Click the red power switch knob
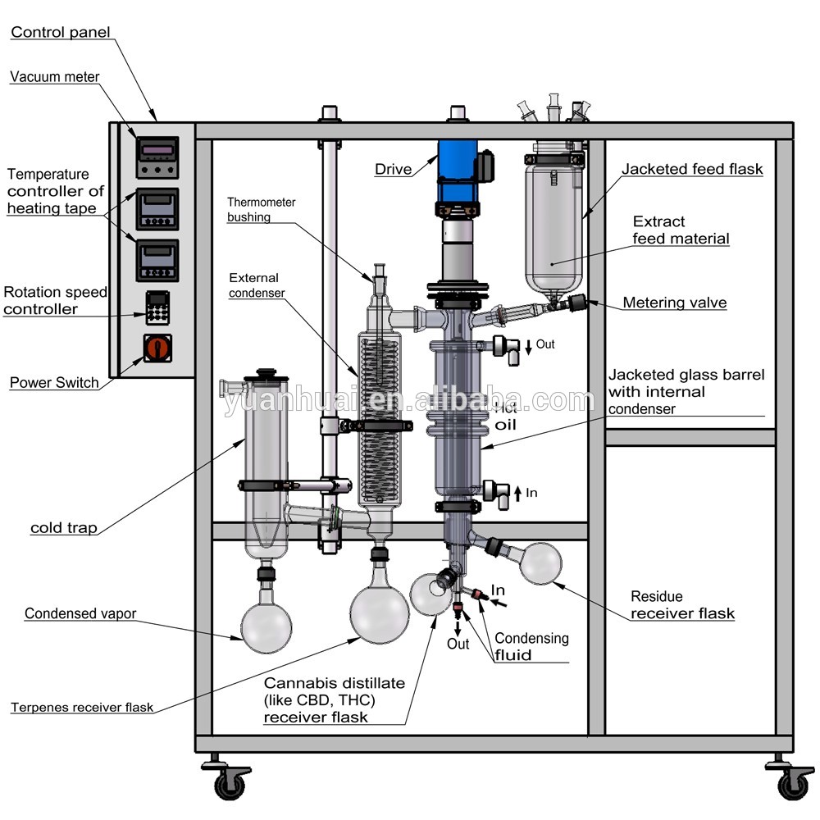click(157, 348)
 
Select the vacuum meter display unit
click(157, 156)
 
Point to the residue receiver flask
click(540, 563)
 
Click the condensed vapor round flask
click(267, 626)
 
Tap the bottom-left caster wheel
click(230, 784)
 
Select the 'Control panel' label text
click(60, 33)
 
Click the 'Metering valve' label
click(674, 303)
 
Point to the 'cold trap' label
click(63, 527)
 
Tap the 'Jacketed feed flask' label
click(691, 170)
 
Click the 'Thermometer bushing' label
click(261, 209)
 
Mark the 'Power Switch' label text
click(54, 382)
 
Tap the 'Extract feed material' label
click(680, 230)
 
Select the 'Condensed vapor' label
click(80, 613)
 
